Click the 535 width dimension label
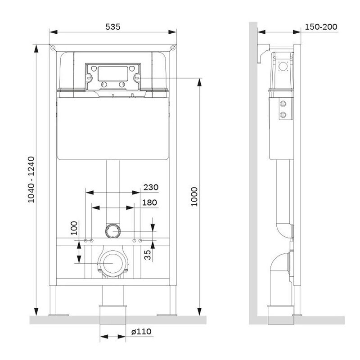[113, 27]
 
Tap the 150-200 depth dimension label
[321, 27]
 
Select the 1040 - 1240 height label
[31, 180]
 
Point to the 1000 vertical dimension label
[194, 197]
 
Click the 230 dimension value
[151, 187]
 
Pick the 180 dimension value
[149, 202]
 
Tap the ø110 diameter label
[141, 332]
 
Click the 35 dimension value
[148, 255]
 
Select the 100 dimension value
[74, 228]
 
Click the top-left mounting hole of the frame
[53, 48]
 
